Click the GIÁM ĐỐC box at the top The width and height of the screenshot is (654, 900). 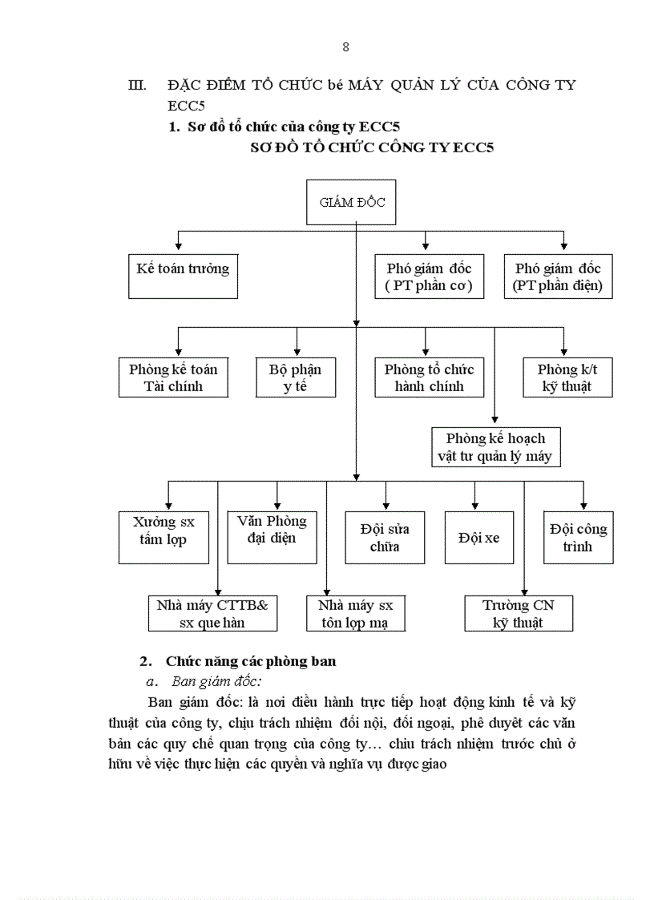pyautogui.click(x=352, y=203)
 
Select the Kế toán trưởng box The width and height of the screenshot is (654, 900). pyautogui.click(x=183, y=276)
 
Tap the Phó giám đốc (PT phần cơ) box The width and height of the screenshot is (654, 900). pyautogui.click(x=429, y=276)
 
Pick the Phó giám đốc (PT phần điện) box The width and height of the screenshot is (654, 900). pyautogui.click(x=558, y=276)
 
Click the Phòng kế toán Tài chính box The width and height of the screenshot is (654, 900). pyautogui.click(x=172, y=377)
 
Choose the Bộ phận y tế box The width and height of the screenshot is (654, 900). pyautogui.click(x=294, y=377)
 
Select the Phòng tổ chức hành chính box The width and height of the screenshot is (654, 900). pyautogui.click(x=429, y=377)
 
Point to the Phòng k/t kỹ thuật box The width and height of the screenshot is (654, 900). pyautogui.click(x=567, y=377)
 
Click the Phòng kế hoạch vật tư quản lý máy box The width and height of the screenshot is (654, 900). pyautogui.click(x=495, y=447)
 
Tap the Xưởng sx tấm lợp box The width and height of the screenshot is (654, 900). pyautogui.click(x=164, y=536)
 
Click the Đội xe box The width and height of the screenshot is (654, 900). pyautogui.click(x=478, y=538)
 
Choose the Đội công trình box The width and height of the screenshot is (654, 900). pyautogui.click(x=578, y=538)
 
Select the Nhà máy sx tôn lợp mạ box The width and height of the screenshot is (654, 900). pyautogui.click(x=356, y=613)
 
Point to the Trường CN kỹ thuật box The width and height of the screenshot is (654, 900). pyautogui.click(x=518, y=613)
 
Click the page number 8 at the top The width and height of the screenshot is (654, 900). pyautogui.click(x=345, y=46)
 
